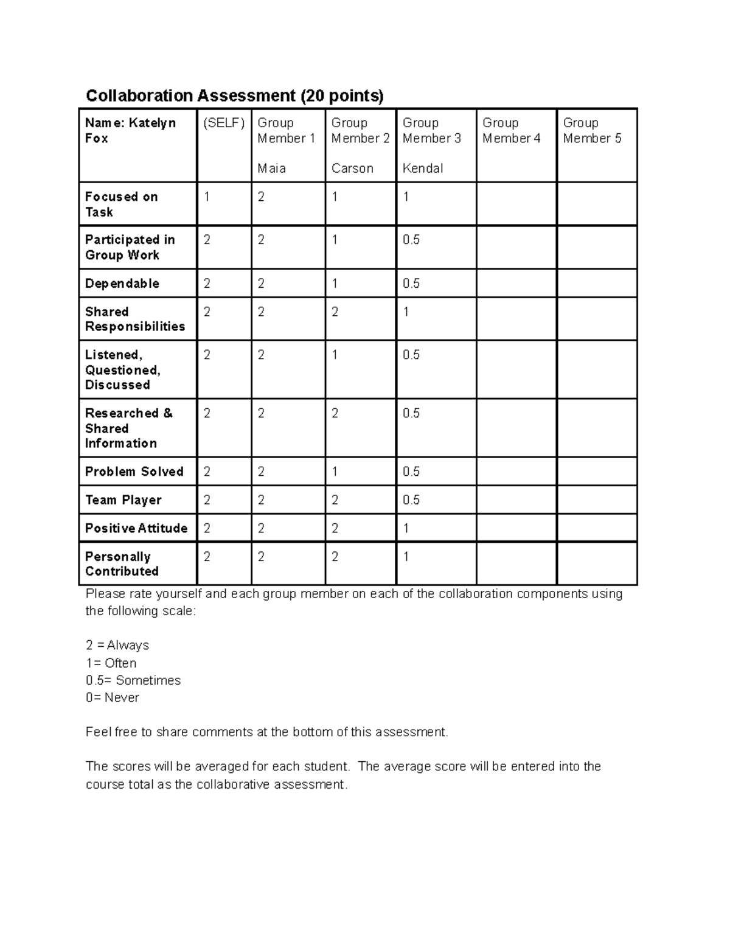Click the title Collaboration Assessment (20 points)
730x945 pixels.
click(x=235, y=96)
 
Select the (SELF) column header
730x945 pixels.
click(x=224, y=123)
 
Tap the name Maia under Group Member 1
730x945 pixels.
click(x=271, y=169)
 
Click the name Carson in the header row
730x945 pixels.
click(x=352, y=169)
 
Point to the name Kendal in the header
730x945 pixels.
click(x=423, y=169)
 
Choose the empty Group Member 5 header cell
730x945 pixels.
click(x=596, y=145)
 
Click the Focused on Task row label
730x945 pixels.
click(x=122, y=204)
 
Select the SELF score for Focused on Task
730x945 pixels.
click(x=207, y=197)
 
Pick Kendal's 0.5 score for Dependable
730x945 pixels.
click(x=411, y=284)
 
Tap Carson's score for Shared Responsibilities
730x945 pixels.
click(x=335, y=312)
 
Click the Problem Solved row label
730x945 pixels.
click(x=134, y=472)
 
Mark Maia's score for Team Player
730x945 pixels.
click(x=261, y=500)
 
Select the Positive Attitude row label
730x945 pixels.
click(x=136, y=528)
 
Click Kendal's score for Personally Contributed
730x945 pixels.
click(x=406, y=557)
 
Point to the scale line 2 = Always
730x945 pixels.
click(x=117, y=646)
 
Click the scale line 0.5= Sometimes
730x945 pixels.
click(x=133, y=680)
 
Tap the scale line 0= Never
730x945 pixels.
click(x=113, y=698)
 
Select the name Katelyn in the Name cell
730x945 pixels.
click(x=152, y=123)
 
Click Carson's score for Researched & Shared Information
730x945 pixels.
click(x=335, y=414)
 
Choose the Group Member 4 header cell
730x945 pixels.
click(x=516, y=145)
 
